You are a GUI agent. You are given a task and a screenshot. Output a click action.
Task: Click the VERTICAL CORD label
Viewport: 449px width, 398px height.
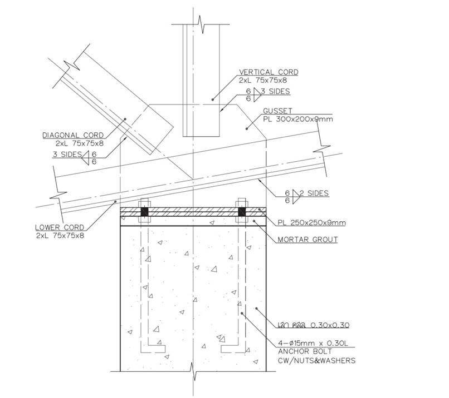coord(269,72)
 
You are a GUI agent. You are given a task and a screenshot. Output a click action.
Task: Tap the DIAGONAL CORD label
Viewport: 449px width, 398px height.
coord(73,135)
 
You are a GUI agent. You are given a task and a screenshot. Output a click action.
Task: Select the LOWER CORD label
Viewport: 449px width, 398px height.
coord(60,227)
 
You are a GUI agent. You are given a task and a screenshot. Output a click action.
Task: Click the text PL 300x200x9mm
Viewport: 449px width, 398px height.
coord(298,119)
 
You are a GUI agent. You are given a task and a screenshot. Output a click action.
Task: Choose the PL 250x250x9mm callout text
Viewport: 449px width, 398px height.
coord(311,222)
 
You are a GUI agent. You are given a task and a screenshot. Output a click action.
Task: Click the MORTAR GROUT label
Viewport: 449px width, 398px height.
coord(308,240)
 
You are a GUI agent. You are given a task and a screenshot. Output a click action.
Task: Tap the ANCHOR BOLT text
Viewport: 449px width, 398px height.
coord(305,351)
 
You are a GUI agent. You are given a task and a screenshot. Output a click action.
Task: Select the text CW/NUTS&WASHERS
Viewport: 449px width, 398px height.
coord(317,361)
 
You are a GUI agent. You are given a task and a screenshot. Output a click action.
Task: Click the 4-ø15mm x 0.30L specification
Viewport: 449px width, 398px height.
coord(313,343)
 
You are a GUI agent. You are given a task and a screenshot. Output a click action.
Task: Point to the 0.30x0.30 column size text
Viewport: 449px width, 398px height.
coord(330,325)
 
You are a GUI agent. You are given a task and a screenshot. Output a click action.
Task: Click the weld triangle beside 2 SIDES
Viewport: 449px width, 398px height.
coord(295,197)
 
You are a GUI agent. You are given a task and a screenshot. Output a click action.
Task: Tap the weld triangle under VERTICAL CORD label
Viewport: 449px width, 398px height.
coord(257,94)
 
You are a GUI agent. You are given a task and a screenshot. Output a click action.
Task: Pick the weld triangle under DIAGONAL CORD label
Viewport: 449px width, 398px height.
coord(86,158)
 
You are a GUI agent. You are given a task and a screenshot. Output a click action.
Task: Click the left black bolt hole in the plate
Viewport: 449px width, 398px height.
coord(144,212)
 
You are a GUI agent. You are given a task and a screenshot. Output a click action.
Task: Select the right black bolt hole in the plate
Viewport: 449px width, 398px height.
coord(242,212)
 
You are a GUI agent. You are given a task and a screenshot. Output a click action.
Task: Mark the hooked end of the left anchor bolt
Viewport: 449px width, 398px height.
coord(157,349)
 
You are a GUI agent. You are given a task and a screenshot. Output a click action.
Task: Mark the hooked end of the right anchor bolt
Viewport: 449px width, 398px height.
coord(230,349)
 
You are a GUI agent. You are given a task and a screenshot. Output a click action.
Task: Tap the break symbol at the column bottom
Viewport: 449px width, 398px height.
coord(193,371)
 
